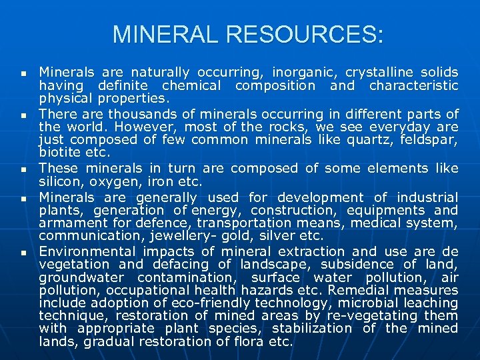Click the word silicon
(x=59, y=181)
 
